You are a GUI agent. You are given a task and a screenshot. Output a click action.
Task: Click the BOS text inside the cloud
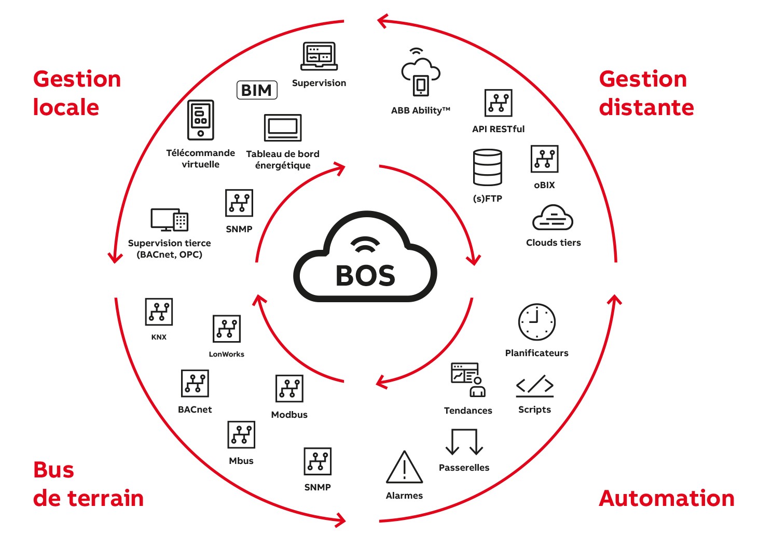coord(365,276)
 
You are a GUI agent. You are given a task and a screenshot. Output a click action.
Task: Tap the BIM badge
coord(257,90)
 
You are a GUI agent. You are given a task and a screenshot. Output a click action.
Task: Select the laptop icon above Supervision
coord(319,56)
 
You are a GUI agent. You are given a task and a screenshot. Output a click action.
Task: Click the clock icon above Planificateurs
coord(536,322)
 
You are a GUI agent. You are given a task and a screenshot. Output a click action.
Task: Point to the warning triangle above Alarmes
coord(405,468)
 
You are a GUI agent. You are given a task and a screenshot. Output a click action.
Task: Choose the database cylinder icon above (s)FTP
coord(488,167)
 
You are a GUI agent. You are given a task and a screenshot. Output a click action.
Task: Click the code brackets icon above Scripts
coord(535,386)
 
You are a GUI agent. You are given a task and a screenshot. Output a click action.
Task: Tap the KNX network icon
coord(159,312)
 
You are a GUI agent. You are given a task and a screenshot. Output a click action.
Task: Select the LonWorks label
coord(226,354)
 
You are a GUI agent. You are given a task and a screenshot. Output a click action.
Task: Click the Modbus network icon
coord(289,388)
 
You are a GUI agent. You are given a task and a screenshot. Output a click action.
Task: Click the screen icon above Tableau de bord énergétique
coord(283,128)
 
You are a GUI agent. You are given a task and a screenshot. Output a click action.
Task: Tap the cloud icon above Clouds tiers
coord(553,218)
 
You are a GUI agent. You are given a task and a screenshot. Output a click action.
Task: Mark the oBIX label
coord(544,185)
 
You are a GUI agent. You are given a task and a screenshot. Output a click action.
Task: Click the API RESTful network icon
coord(498,103)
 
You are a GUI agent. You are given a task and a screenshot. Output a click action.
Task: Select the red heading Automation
coord(667,498)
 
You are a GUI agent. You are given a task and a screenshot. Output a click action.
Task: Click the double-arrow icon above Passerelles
coord(464,442)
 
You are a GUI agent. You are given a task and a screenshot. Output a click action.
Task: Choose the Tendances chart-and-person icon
coord(468,379)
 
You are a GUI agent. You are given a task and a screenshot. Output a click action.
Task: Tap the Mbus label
coord(241,461)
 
